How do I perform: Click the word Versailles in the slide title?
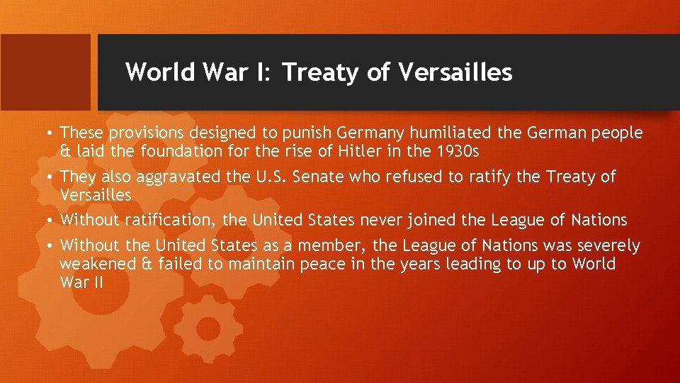(x=455, y=72)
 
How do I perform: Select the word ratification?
(x=169, y=221)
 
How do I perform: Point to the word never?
(x=382, y=221)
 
